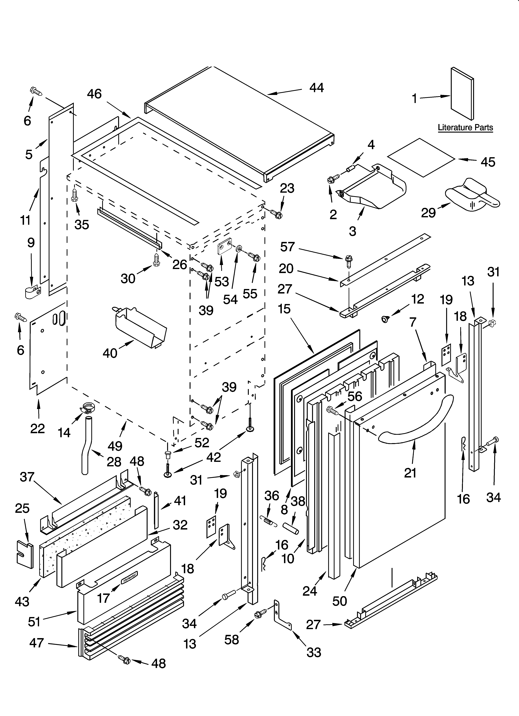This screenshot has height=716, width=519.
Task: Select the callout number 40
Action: coord(110,353)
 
